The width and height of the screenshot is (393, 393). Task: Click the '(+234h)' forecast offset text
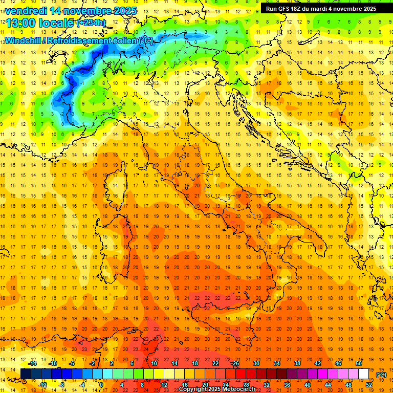[91, 23]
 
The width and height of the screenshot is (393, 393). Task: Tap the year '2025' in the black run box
[367, 8]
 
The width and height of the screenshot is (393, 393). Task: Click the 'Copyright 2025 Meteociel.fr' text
[217, 389]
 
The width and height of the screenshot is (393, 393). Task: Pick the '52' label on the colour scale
[369, 385]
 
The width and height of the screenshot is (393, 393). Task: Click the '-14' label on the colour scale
[32, 363]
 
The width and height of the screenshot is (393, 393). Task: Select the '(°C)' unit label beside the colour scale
[381, 375]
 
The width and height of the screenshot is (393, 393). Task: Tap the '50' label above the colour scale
[359, 363]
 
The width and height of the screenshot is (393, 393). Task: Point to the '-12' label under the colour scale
[42, 385]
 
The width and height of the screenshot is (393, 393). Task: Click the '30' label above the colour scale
[256, 363]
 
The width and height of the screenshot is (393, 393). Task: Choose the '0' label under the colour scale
[101, 385]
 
